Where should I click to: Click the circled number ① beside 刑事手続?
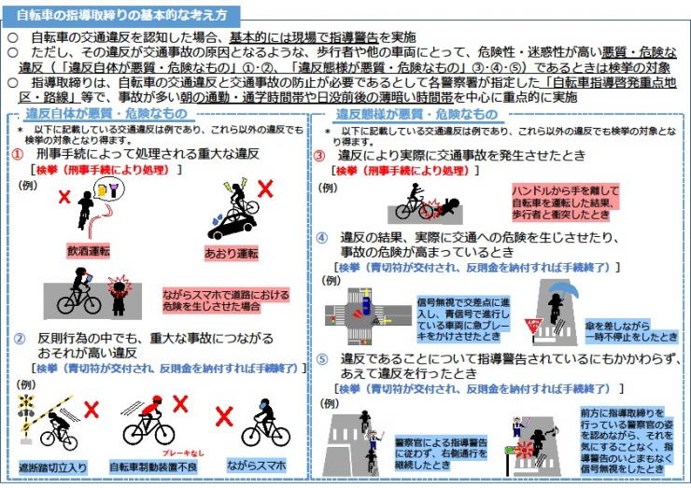click(19, 153)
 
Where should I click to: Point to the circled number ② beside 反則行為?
click(19, 338)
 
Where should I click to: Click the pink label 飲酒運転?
click(90, 251)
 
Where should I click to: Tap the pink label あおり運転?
click(229, 252)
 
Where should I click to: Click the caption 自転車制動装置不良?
click(152, 464)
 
